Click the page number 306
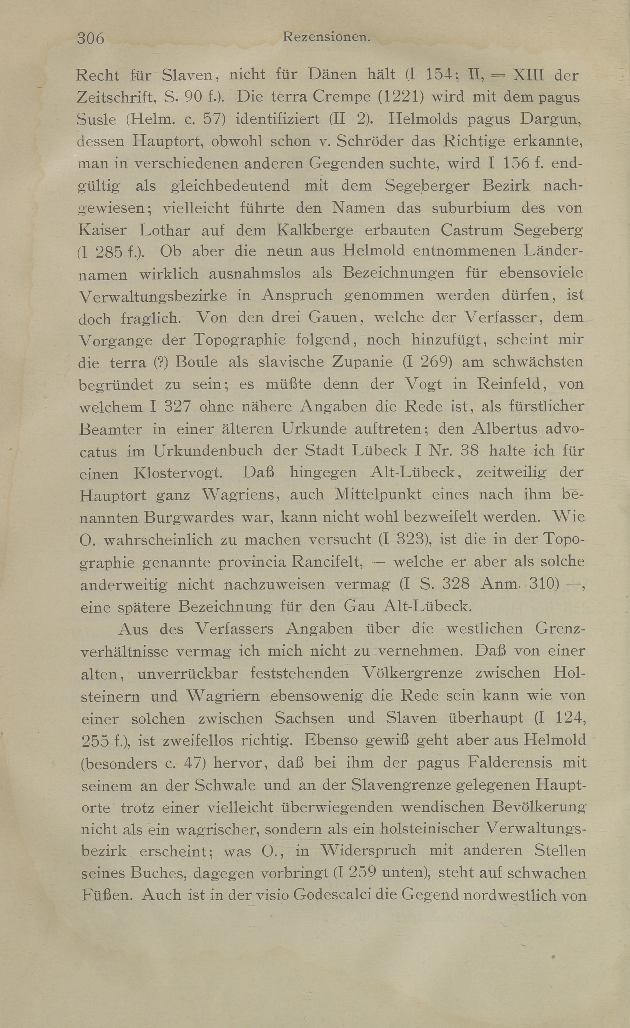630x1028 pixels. tap(91, 38)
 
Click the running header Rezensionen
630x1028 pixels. tap(326, 38)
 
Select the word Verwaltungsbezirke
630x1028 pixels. tap(153, 296)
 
